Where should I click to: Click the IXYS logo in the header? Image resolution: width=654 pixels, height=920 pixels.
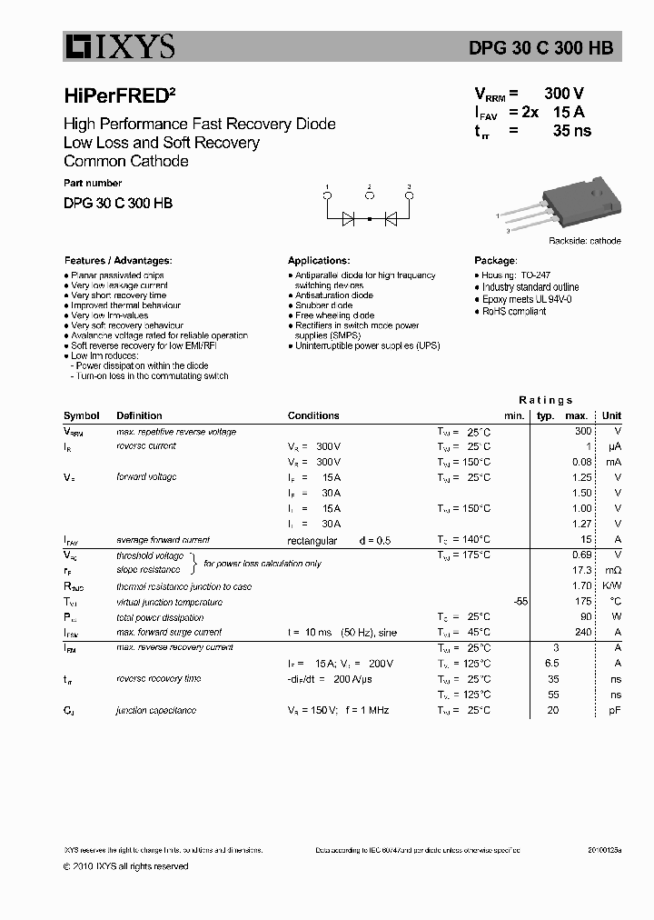click(x=119, y=47)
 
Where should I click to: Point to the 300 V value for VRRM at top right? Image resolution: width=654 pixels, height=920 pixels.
click(x=563, y=94)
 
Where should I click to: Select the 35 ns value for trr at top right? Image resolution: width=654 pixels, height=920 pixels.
click(x=571, y=131)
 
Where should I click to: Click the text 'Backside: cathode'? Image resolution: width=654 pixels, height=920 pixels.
click(x=584, y=241)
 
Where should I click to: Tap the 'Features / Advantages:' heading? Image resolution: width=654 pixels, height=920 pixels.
click(x=117, y=260)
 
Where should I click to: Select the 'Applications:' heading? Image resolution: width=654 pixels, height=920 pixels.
click(x=319, y=260)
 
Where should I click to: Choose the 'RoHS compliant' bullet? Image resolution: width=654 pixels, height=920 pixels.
click(x=513, y=311)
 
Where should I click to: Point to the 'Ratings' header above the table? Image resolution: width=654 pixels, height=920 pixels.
click(x=545, y=400)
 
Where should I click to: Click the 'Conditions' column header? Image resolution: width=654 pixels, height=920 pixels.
click(x=313, y=415)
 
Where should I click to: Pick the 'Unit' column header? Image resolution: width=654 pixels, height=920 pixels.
click(x=611, y=415)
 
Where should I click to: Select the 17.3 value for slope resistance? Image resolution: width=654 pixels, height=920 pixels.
click(x=581, y=570)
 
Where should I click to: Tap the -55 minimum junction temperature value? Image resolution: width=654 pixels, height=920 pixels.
click(x=520, y=602)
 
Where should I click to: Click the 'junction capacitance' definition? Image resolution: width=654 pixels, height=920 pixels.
click(x=156, y=710)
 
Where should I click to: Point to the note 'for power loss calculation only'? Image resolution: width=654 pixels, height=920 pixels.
click(x=263, y=564)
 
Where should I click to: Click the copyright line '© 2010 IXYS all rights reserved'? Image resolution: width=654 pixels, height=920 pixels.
click(x=126, y=866)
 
